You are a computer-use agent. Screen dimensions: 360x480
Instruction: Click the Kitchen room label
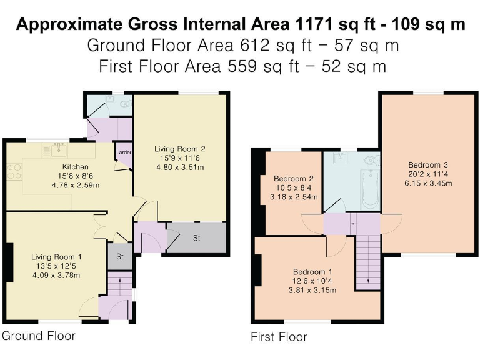74,167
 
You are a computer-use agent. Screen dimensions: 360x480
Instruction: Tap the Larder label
123,152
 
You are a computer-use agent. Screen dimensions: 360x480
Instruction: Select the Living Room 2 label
180,149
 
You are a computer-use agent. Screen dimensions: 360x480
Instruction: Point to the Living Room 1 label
56,257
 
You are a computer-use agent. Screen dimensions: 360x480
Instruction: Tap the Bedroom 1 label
313,272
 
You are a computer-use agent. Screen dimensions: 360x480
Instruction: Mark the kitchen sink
60,149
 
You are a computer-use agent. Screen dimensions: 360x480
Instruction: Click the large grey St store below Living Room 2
196,238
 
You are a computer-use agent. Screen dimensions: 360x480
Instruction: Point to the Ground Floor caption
39,336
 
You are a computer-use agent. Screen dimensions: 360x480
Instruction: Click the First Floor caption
279,337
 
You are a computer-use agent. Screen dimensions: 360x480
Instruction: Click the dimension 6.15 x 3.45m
427,183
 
